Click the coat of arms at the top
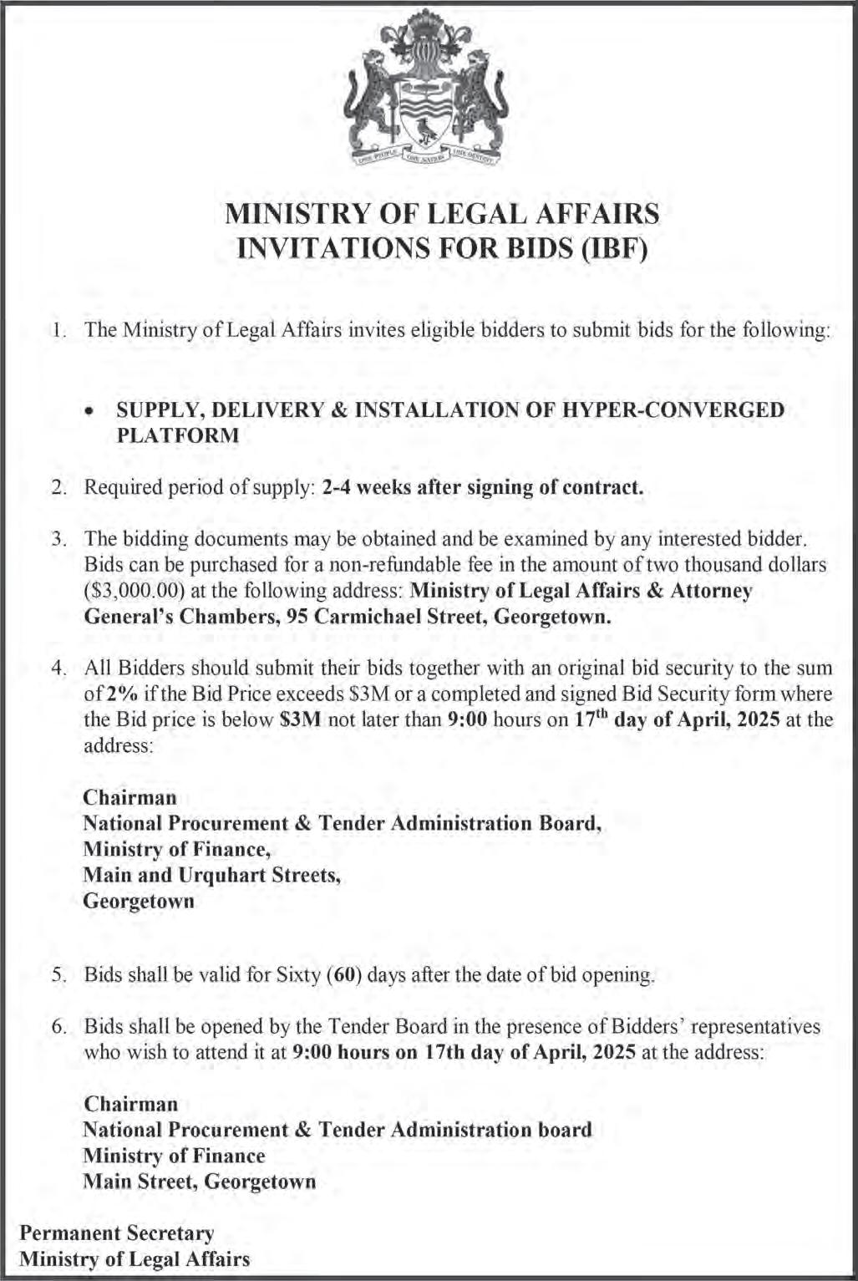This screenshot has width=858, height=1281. pyautogui.click(x=428, y=88)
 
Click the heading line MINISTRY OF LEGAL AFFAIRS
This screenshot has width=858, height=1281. pyautogui.click(x=443, y=214)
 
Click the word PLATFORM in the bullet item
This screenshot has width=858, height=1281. pyautogui.click(x=177, y=435)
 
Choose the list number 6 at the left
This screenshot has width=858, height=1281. pyautogui.click(x=58, y=1027)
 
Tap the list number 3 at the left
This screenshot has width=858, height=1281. pyautogui.click(x=58, y=539)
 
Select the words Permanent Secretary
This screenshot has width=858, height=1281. pyautogui.click(x=117, y=1233)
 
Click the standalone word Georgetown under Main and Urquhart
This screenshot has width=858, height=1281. pyautogui.click(x=139, y=901)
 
